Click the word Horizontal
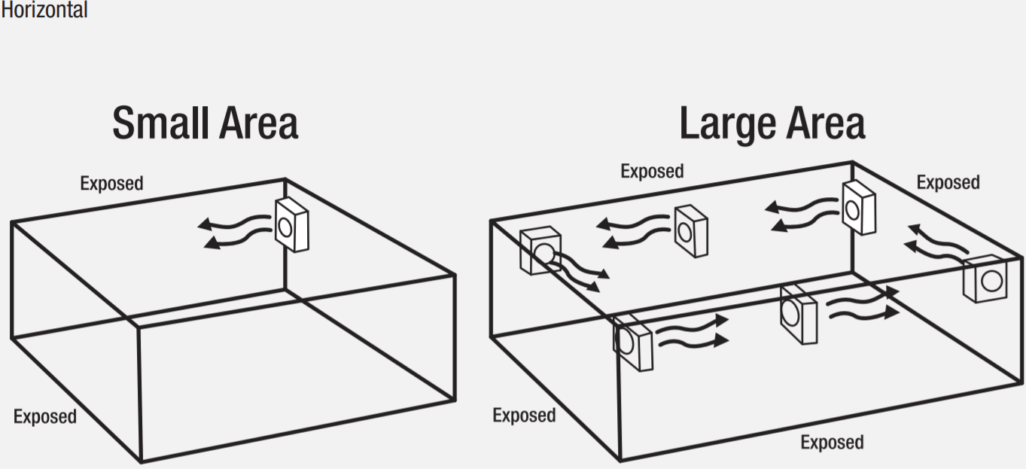click(44, 10)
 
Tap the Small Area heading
click(205, 123)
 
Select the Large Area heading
click(772, 123)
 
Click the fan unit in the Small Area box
click(291, 224)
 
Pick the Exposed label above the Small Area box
click(111, 183)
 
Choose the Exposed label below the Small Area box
click(44, 416)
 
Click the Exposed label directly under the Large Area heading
click(652, 172)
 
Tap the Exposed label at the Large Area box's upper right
click(948, 182)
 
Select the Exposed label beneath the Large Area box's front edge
click(832, 442)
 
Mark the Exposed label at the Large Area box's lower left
click(524, 415)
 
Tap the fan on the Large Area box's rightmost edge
click(986, 279)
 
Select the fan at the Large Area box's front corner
click(632, 343)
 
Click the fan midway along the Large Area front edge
click(798, 313)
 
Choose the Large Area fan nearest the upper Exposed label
click(691, 231)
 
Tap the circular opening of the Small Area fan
click(286, 225)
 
